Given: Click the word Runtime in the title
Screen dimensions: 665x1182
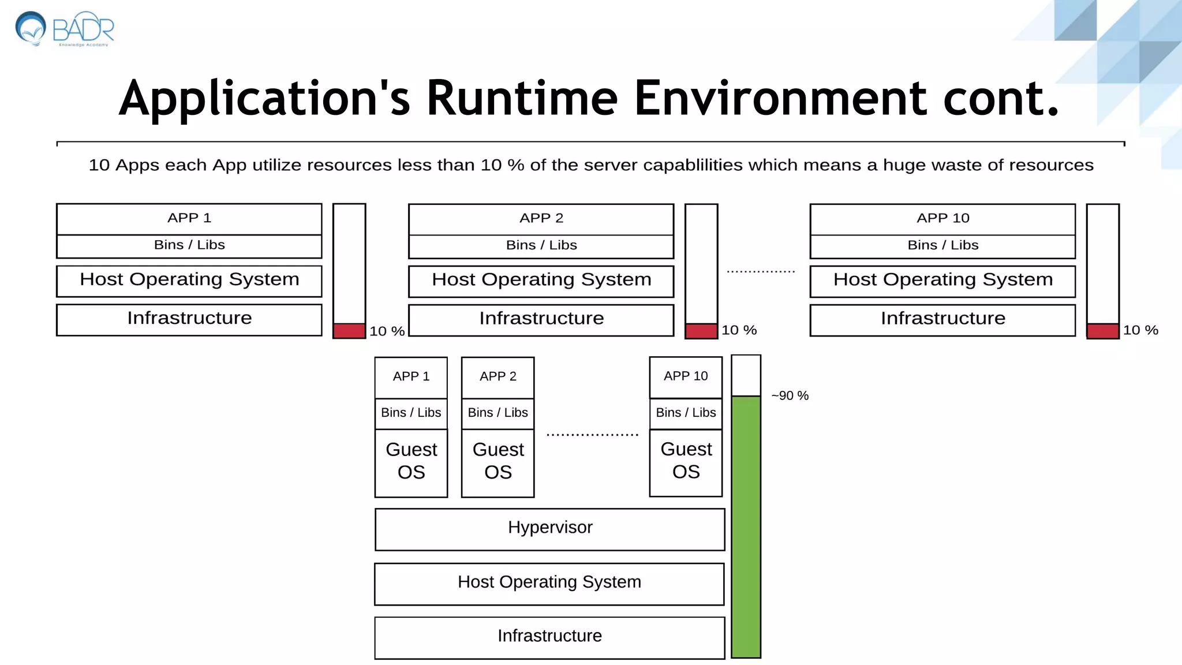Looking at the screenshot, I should [522, 98].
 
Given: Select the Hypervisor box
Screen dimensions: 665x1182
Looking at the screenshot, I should [549, 529].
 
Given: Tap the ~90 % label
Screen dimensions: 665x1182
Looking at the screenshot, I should [790, 396].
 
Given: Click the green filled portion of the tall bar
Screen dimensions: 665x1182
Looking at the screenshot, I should [746, 525].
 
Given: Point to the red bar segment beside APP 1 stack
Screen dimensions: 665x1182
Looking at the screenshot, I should [349, 331].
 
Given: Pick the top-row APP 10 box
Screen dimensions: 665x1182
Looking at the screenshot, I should [942, 219].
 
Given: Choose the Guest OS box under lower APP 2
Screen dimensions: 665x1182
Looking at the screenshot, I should [498, 462].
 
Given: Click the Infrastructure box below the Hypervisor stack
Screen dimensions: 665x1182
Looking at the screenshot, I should [549, 637].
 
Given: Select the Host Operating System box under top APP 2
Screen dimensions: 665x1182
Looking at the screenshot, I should [541, 281].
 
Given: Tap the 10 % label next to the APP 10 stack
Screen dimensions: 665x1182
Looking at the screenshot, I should [1140, 330].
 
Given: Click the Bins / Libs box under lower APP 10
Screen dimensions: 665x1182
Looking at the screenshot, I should [686, 413].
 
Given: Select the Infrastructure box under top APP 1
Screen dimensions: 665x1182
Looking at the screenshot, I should [189, 319].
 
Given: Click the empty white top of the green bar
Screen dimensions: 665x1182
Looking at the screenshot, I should [746, 376].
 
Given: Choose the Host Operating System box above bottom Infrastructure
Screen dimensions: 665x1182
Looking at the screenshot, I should [549, 584].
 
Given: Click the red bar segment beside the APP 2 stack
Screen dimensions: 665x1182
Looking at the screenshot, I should [701, 331].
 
